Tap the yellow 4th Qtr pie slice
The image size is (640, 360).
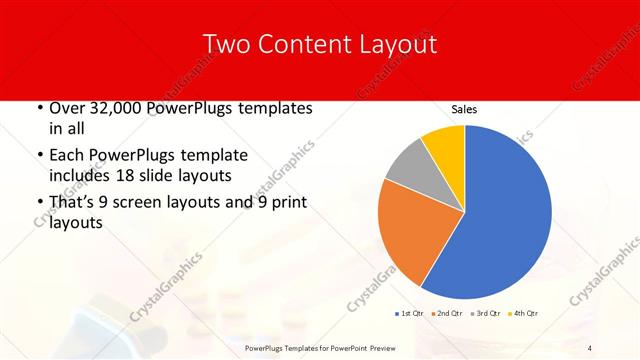444,144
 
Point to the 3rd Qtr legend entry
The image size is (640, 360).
486,313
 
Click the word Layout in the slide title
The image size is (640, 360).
397,44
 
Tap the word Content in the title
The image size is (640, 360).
299,44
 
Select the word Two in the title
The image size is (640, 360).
226,44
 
